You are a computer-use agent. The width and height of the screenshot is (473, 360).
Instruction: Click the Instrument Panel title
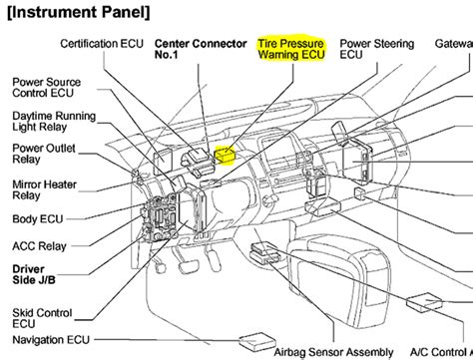click(80, 13)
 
